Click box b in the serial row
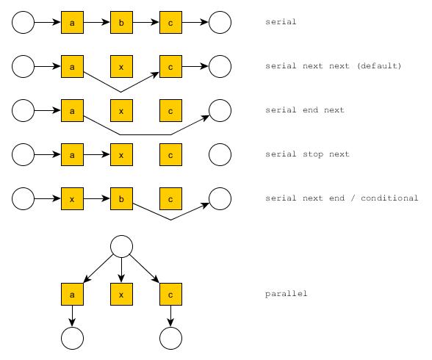121,22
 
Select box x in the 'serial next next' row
121,66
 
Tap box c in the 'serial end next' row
170,110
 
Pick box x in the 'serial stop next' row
121,154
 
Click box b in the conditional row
121,198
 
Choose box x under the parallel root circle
121,294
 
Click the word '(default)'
379,66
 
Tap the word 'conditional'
389,198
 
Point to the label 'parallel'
286,294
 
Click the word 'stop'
313,154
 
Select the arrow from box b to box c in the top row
146,22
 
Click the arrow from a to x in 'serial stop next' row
97,154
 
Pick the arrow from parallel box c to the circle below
170,316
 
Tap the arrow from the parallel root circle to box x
121,270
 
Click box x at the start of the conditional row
72,198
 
